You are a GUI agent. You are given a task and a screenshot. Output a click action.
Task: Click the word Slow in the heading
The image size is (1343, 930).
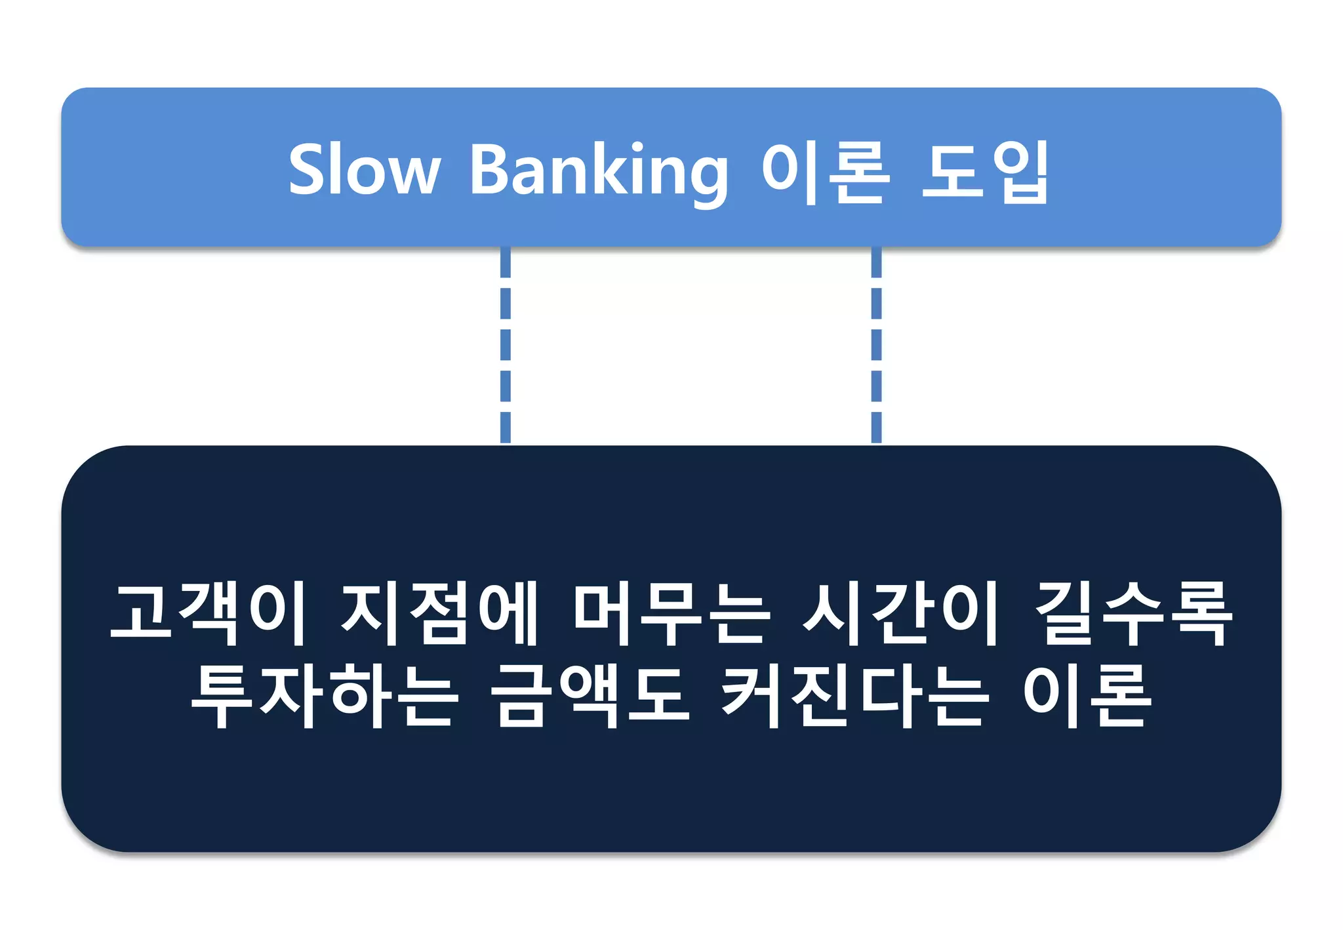pos(365,169)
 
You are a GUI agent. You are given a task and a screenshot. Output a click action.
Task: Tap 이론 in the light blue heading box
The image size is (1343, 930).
pos(826,171)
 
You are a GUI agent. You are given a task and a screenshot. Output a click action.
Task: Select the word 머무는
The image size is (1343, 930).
pos(670,613)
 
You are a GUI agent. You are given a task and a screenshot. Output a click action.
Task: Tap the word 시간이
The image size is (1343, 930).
pos(901,613)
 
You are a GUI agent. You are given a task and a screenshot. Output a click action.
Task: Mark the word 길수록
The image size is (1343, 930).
pos(1133,613)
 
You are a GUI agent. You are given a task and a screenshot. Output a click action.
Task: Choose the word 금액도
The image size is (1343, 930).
pos(590,695)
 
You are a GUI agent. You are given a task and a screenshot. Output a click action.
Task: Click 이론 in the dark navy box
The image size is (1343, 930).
pos(1087,695)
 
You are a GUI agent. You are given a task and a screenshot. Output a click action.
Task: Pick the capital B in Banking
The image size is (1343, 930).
pos(490,169)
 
